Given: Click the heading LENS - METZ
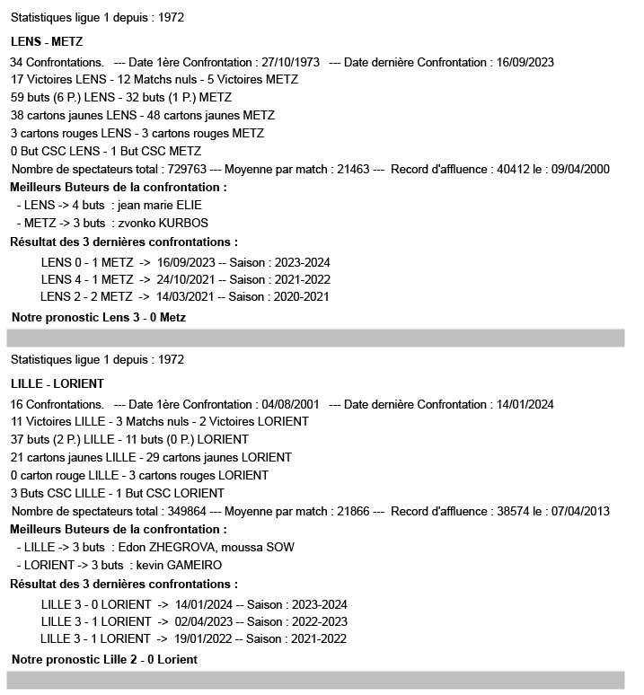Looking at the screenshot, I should tap(47, 41).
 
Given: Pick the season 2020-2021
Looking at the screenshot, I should tap(299, 297).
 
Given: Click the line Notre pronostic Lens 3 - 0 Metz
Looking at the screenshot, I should tap(99, 317).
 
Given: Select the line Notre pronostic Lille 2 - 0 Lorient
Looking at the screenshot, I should tap(105, 659).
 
